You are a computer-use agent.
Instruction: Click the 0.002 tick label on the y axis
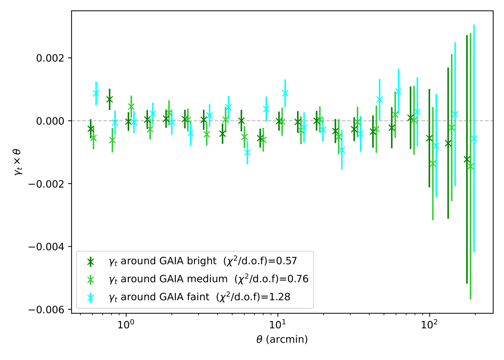pos(51,58)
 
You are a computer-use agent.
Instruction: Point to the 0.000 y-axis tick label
pos(51,121)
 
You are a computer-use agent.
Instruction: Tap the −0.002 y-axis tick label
pos(49,184)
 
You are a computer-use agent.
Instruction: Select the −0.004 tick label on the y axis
pos(49,247)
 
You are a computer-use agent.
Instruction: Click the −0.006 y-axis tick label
pos(49,310)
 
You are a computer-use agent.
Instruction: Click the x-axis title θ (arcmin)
pos(282,339)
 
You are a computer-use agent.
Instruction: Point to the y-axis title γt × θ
pos(18,162)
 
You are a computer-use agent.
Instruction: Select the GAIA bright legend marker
pos(90,262)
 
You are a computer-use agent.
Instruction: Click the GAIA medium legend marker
pos(90,280)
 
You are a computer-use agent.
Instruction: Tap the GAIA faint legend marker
pos(90,298)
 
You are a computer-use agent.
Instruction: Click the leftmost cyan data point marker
pos(96,93)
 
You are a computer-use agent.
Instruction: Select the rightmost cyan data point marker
pos(474,139)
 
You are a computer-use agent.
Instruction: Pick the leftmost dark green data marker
pos(91,129)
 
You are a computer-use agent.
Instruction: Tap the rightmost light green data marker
pos(471,166)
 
